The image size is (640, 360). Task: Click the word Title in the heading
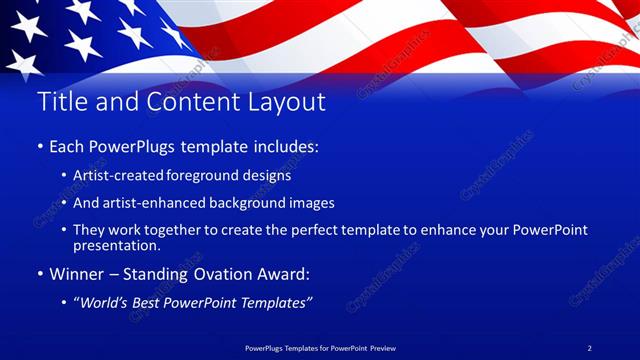coord(59,102)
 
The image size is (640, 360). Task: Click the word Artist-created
coord(118,175)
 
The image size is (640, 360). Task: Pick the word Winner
coord(76,273)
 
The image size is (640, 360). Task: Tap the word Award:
coord(291,273)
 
